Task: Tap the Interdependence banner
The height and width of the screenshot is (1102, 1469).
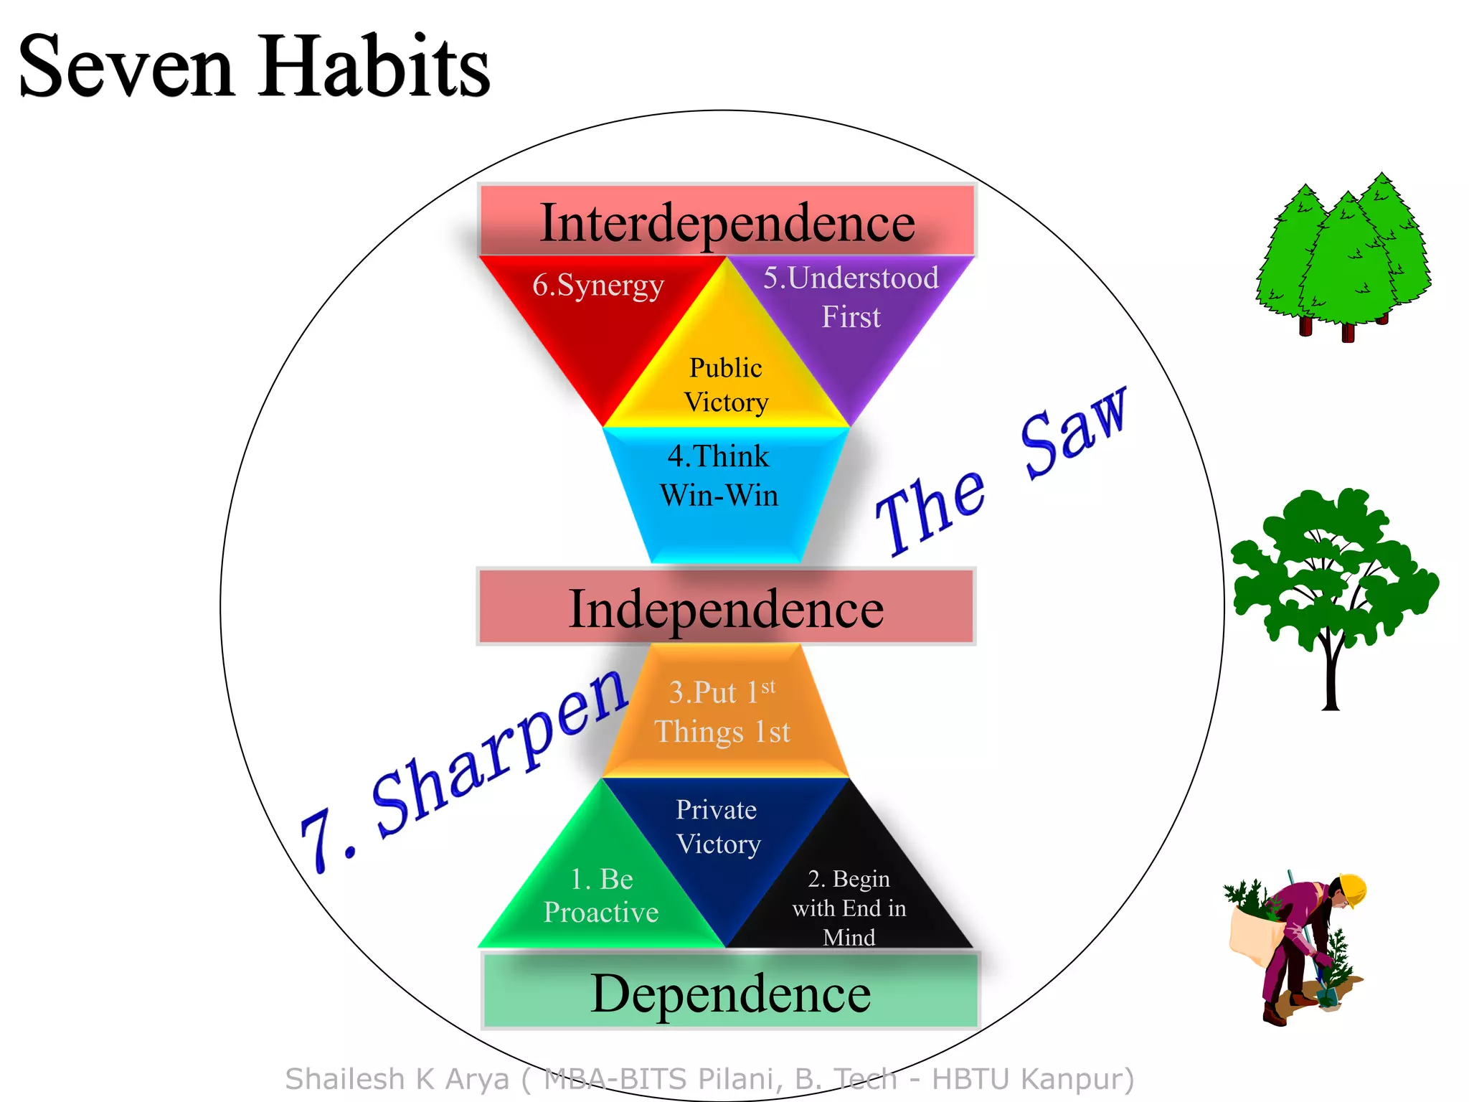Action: tap(727, 222)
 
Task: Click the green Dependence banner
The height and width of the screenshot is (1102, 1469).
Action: tap(730, 993)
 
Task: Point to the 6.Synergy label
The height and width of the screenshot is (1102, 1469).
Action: tap(597, 286)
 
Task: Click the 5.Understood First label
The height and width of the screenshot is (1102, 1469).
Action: tap(851, 297)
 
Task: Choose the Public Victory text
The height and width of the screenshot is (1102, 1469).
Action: tap(726, 385)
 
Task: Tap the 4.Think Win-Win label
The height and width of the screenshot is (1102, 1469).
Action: tap(719, 476)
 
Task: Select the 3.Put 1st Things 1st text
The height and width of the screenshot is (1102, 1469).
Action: tap(722, 712)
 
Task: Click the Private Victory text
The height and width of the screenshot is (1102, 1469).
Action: tap(717, 826)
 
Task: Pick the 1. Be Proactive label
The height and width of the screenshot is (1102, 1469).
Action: tap(601, 895)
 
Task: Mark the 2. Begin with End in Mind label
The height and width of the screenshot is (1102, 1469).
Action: tap(849, 908)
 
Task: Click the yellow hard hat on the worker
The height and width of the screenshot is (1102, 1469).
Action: tap(1353, 890)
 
